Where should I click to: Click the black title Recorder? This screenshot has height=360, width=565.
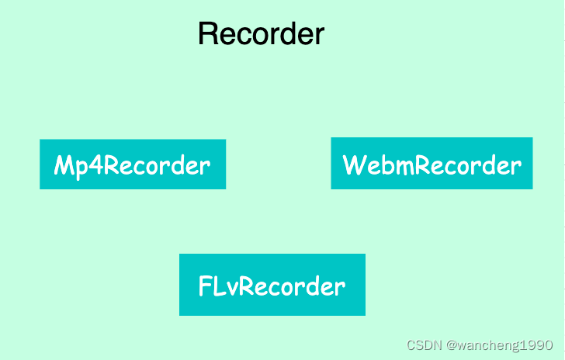(x=261, y=34)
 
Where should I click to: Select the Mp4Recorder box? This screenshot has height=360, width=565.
(x=133, y=164)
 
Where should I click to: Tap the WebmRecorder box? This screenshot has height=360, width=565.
(x=432, y=164)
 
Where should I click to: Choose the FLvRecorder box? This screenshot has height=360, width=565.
(x=272, y=285)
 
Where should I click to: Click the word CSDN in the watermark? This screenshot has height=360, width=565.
(x=423, y=344)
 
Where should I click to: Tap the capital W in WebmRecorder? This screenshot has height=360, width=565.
(x=355, y=165)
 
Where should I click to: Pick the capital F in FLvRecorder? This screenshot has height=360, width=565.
(x=205, y=286)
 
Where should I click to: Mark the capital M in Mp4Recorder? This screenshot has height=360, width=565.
(x=64, y=166)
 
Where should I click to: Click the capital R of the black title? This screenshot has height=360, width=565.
(x=208, y=35)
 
